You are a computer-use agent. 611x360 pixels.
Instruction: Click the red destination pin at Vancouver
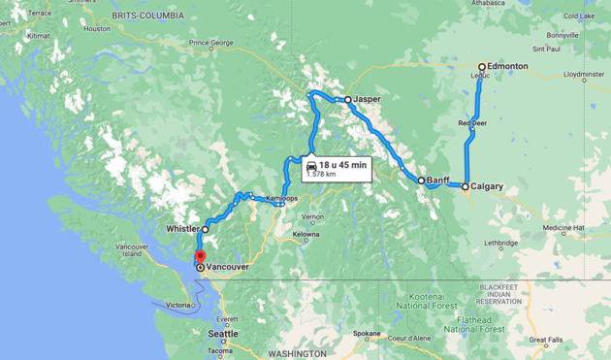pos(200,257)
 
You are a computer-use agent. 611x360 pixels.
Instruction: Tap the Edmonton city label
pos(509,66)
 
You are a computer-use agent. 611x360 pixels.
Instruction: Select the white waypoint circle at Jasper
pos(347,99)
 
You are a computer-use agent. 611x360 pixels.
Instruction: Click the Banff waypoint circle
pos(421,180)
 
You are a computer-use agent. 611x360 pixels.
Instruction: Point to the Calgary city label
pos(488,186)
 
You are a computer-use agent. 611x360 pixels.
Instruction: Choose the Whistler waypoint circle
pos(206,229)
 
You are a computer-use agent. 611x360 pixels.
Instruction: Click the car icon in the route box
pos(310,166)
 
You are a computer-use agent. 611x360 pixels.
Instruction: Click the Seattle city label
pos(222,334)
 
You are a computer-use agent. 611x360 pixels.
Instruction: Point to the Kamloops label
pos(282,198)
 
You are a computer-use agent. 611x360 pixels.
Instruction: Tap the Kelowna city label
pos(305,234)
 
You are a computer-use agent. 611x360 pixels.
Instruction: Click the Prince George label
pos(212,43)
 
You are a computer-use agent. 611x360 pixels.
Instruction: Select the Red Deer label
pos(473,123)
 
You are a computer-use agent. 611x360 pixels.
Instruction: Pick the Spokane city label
pos(367,333)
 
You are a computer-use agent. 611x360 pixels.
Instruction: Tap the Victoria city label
pos(178,305)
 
